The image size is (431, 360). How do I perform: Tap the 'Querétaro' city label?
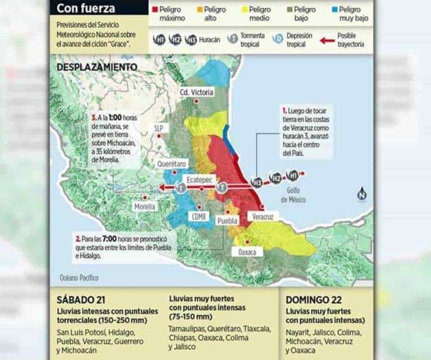172,164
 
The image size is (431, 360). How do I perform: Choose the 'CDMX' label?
199,216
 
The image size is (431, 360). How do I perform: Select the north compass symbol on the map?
361,194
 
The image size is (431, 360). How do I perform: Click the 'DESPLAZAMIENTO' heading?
97,67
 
